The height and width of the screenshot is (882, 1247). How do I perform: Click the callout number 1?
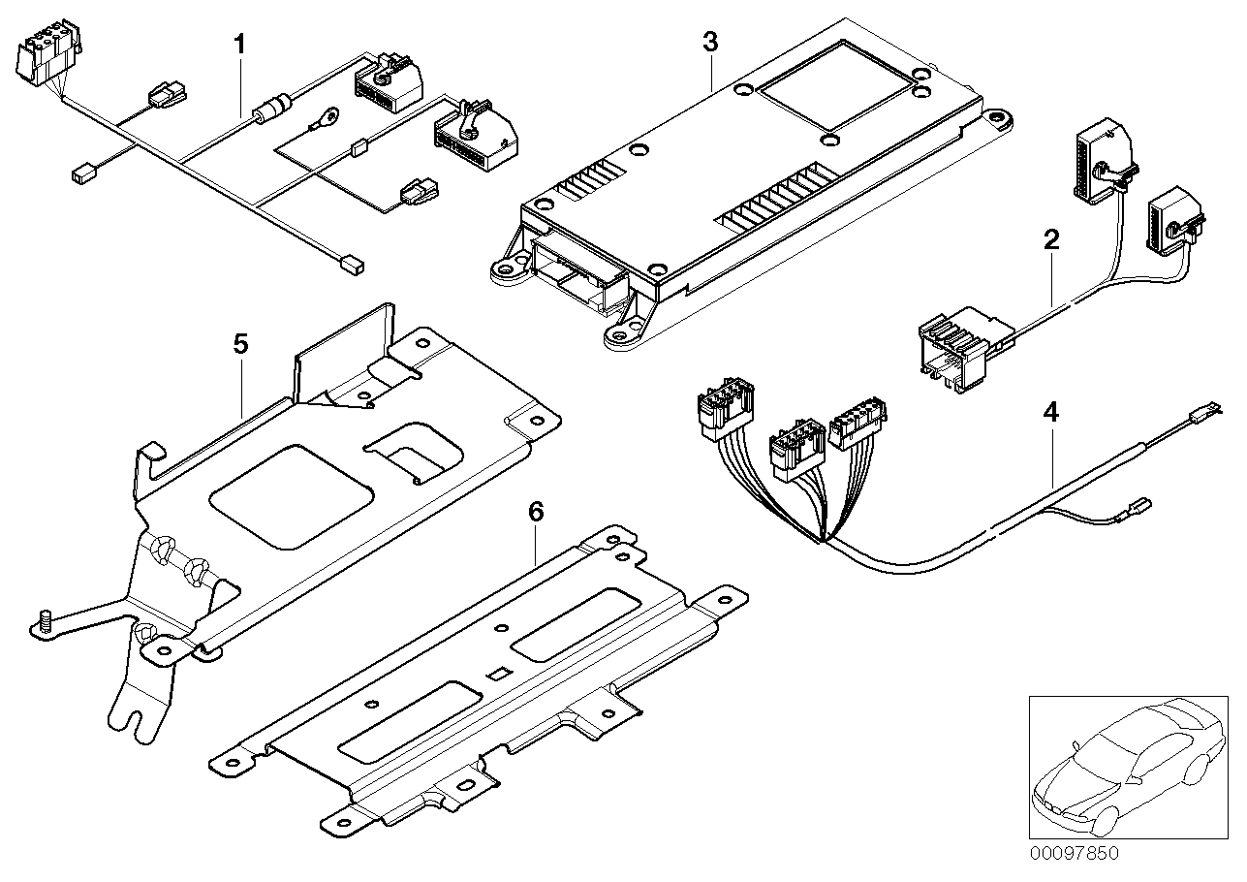239,44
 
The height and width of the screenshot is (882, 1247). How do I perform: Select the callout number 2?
1051,239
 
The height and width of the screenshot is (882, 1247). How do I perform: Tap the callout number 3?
710,42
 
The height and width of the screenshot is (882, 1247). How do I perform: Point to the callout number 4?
1050,412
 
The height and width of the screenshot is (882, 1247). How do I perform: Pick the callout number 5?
240,343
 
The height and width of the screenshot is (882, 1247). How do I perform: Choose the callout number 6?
536,511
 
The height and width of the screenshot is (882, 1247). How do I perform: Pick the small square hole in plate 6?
497,674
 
